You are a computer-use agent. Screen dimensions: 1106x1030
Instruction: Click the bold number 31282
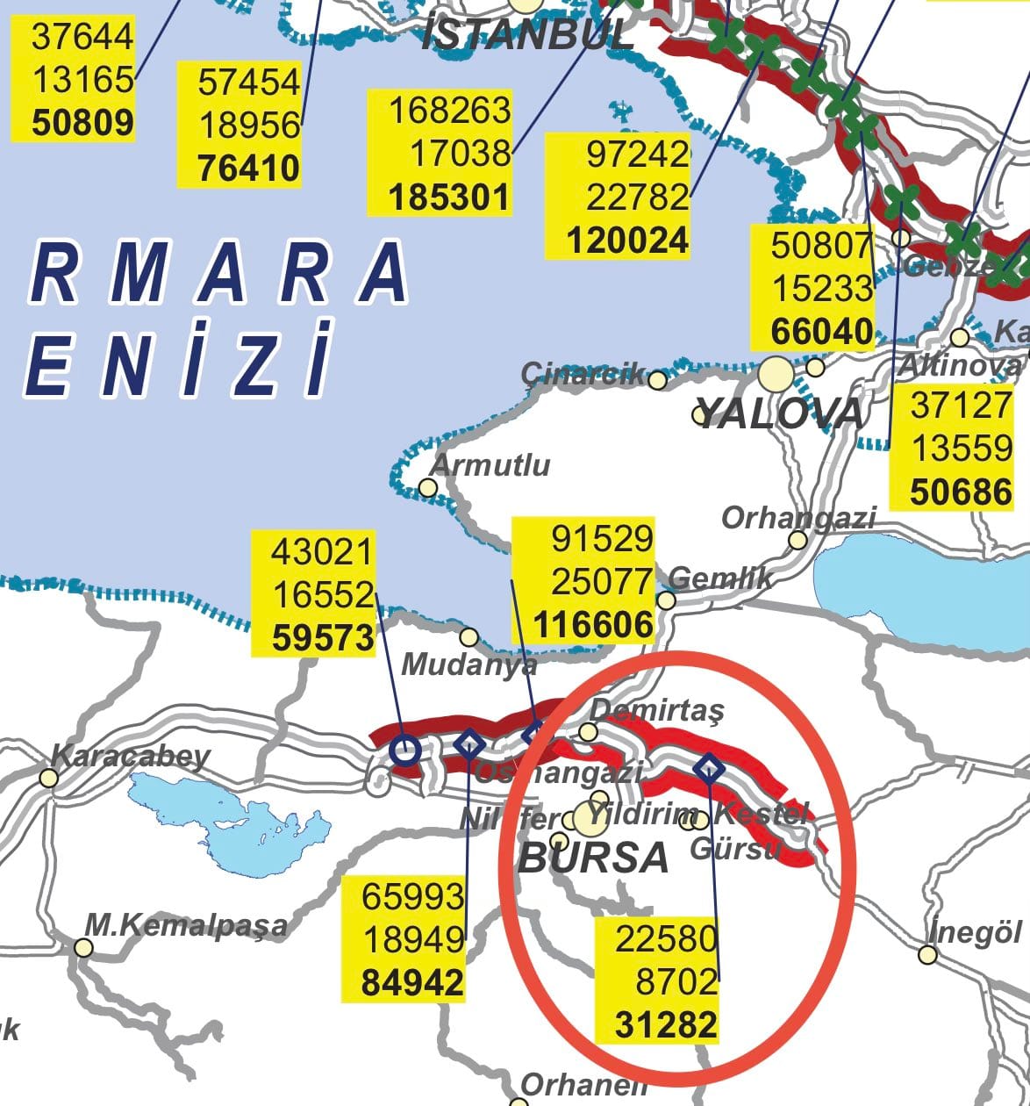[666, 1024]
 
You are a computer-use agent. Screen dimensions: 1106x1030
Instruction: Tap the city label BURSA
[594, 857]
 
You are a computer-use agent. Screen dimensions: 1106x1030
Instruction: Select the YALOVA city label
[779, 413]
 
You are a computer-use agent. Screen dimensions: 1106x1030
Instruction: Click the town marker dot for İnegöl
[927, 954]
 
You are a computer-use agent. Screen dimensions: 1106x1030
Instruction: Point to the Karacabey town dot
[49, 777]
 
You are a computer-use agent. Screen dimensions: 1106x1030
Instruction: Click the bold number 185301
[449, 197]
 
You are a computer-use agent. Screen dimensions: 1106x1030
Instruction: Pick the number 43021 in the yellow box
[322, 552]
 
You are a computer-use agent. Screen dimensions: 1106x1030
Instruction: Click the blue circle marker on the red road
[404, 750]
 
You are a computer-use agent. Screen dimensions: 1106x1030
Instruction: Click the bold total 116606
[594, 625]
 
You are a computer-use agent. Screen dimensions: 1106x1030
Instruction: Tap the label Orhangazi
[798, 518]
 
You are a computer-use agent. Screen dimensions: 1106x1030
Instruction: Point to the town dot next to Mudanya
[469, 636]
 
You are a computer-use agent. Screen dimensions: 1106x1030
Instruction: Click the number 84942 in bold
[412, 982]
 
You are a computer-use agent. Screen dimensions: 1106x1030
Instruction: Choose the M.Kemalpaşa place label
[186, 924]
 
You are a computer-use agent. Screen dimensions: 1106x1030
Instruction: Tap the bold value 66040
[821, 332]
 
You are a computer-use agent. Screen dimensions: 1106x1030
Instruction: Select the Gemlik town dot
[666, 600]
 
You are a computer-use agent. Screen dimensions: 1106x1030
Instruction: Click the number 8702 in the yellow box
[677, 981]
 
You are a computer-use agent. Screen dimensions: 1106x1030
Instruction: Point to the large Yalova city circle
[776, 375]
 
